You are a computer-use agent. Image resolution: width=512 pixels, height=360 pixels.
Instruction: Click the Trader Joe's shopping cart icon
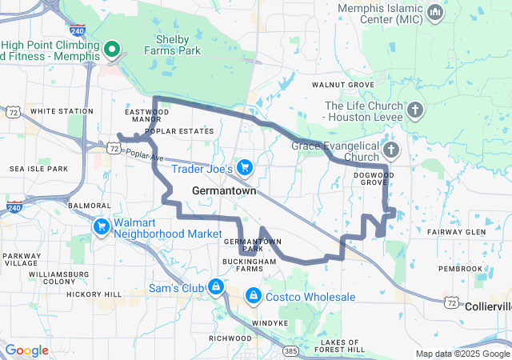point(245,168)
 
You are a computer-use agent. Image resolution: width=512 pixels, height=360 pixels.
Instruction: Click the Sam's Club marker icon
point(216,287)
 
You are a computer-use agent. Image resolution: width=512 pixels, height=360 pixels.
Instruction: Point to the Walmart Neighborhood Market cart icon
point(102,227)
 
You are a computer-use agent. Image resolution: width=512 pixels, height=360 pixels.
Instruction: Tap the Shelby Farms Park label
point(172,46)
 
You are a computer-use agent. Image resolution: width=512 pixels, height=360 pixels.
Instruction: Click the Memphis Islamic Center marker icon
point(435,12)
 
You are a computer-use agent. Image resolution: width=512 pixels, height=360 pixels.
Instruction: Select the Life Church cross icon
point(414,110)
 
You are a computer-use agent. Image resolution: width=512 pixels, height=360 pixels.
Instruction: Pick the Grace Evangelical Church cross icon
point(390,150)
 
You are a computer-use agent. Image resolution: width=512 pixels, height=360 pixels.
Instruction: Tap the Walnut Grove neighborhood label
point(342,84)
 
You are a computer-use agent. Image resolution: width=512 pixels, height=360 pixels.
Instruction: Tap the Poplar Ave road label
point(141,154)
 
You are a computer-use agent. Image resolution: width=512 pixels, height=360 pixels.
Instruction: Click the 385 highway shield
point(291,350)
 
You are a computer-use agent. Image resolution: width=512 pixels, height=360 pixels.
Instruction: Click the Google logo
point(26,350)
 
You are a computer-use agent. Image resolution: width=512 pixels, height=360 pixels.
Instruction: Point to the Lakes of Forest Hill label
point(339,346)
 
